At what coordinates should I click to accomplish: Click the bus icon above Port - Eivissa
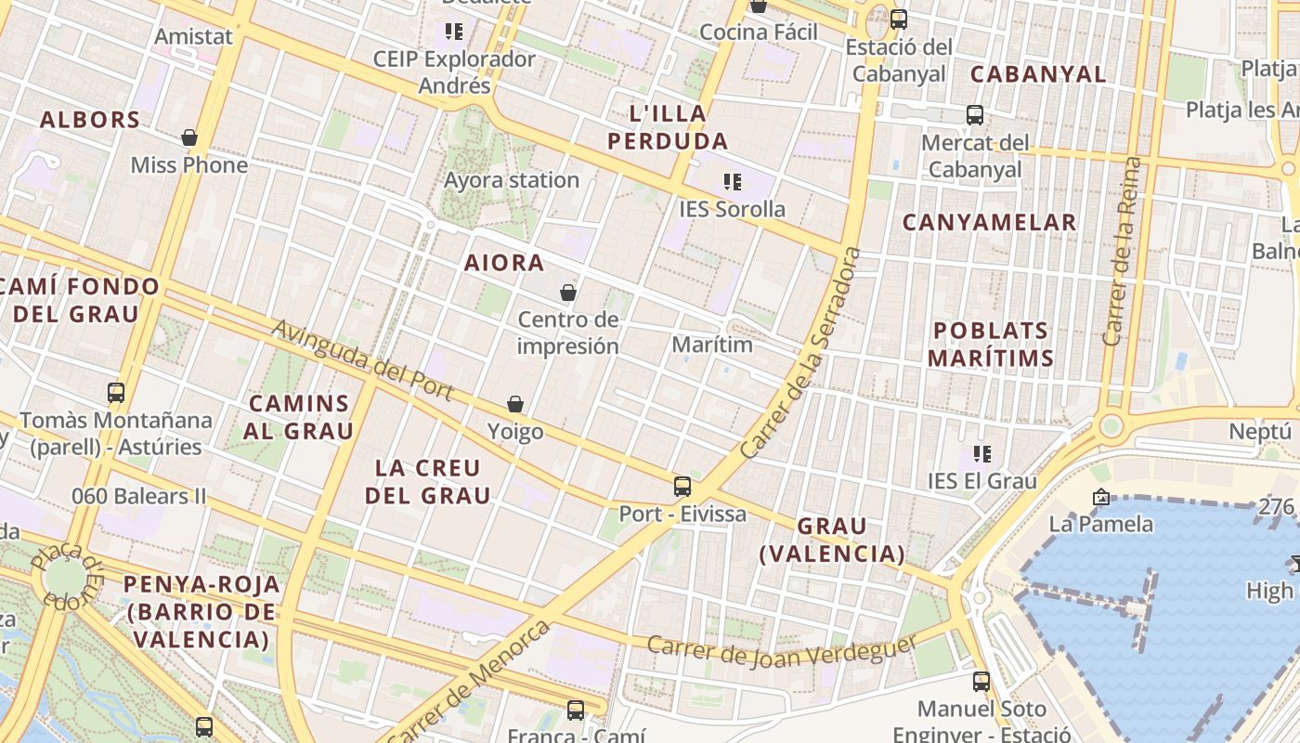[682, 486]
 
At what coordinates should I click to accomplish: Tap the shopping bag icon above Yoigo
[515, 404]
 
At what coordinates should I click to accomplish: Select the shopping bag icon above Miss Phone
[189, 137]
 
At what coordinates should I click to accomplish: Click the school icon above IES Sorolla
[733, 181]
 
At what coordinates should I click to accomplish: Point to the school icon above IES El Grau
[982, 454]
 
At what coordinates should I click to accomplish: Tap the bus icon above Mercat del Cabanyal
[975, 115]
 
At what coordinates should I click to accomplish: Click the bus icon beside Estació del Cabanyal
[898, 19]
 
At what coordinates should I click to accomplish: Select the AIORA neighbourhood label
[504, 263]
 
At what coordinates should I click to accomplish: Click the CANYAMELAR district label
[989, 223]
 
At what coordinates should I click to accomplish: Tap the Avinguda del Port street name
[363, 360]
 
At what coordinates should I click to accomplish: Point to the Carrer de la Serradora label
[802, 353]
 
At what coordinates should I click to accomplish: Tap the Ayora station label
[512, 180]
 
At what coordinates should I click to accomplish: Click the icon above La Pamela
[1101, 497]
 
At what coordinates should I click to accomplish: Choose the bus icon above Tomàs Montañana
[116, 392]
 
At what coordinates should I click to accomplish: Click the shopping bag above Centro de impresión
[568, 293]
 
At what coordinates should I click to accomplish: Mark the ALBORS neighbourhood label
[90, 120]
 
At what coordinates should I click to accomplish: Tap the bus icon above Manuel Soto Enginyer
[981, 682]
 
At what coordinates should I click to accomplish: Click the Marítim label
[712, 345]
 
